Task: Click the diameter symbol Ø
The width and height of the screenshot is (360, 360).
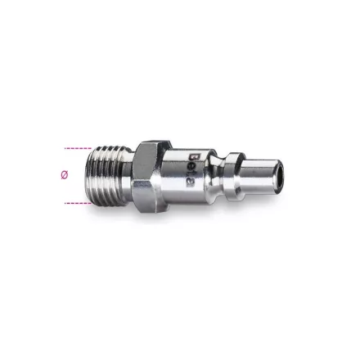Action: (x=65, y=174)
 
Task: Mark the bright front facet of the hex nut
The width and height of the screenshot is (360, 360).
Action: (x=147, y=176)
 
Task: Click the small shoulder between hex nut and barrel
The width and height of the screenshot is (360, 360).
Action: (x=164, y=173)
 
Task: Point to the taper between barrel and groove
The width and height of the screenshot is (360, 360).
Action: (x=214, y=169)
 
